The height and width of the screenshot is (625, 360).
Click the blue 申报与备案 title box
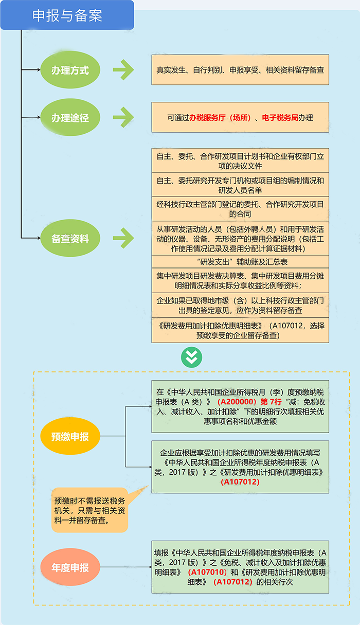coord(67,15)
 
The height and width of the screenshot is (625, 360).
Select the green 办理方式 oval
coord(70,70)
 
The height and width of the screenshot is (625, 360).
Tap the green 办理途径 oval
coord(70,118)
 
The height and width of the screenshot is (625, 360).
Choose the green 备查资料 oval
coord(70,238)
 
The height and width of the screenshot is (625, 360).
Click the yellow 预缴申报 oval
coord(70,437)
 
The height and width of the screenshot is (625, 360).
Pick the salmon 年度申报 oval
coord(70,568)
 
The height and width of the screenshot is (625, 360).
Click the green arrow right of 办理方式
coord(123,70)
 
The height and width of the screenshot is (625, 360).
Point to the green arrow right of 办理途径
coord(123,117)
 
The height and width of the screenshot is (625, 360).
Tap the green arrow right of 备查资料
coord(123,238)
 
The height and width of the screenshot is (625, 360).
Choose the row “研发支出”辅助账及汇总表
coord(240,262)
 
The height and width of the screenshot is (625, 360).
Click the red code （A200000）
coord(237,401)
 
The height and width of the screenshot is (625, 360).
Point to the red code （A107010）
coord(207,572)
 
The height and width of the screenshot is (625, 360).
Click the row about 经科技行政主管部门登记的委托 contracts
coord(240,209)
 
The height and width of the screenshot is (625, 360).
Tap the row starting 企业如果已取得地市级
coord(240,306)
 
